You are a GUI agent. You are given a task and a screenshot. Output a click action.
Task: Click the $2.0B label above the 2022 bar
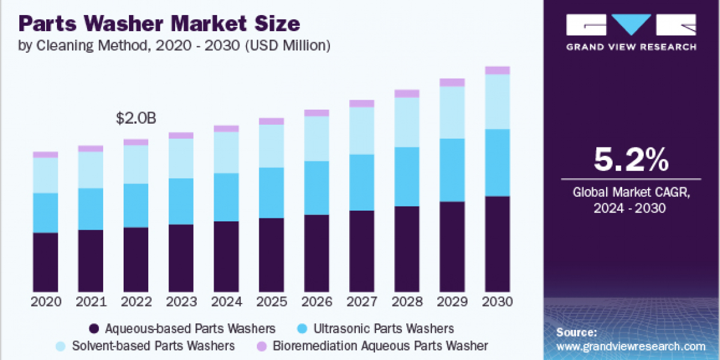(x=136, y=119)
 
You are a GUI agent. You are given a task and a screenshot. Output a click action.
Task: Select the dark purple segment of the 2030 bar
(x=497, y=243)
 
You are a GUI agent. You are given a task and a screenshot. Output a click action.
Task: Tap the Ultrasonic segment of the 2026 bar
(x=317, y=188)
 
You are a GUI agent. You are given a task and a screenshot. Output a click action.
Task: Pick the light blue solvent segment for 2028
(x=407, y=122)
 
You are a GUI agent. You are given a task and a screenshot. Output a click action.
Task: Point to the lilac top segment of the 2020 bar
(x=46, y=155)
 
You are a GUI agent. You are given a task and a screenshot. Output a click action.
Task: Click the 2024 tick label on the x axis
(x=226, y=301)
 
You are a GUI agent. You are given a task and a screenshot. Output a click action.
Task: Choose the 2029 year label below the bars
(x=452, y=301)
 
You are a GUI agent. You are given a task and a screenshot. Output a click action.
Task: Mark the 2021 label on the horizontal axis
(x=91, y=301)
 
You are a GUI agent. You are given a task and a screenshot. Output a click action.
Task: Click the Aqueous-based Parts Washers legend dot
(x=94, y=329)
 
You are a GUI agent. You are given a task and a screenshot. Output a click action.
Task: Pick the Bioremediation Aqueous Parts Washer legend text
(x=380, y=346)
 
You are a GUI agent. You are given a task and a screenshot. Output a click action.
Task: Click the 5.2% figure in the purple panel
(x=631, y=160)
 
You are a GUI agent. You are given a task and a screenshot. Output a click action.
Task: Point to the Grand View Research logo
(x=631, y=32)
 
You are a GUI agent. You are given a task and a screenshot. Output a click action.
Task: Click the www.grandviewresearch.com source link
(x=631, y=346)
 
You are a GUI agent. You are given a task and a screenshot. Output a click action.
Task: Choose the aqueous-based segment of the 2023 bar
(x=181, y=258)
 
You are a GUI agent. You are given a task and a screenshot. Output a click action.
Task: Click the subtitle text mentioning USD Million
(x=174, y=44)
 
